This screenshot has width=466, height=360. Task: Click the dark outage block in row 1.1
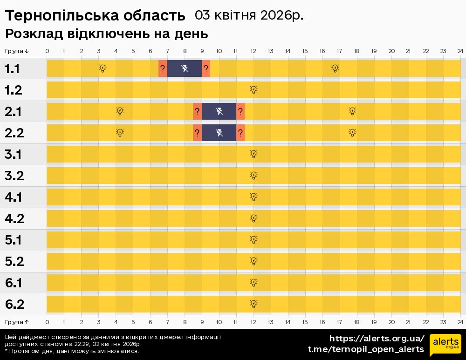185,68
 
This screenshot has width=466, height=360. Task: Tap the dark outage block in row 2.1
219,111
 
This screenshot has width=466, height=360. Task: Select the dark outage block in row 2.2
219,133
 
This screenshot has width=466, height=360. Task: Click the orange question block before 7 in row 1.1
163,68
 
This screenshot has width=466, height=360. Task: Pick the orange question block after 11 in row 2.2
240,133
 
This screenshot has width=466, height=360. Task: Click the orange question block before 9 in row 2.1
197,111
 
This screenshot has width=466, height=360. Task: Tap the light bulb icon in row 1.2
254,90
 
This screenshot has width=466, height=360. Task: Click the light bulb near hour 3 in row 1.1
103,68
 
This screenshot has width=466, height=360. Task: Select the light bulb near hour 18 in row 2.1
353,111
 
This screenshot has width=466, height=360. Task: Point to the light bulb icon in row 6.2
254,304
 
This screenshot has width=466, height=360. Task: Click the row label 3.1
14,154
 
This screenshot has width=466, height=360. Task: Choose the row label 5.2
14,261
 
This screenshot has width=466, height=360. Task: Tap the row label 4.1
14,197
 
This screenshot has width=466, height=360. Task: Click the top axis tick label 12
254,51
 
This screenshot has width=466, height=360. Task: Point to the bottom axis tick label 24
460,322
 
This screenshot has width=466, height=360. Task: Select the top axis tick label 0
47,51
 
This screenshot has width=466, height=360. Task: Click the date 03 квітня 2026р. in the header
249,15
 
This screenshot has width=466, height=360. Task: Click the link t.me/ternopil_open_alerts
366,349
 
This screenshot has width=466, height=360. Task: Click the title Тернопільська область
95,16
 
